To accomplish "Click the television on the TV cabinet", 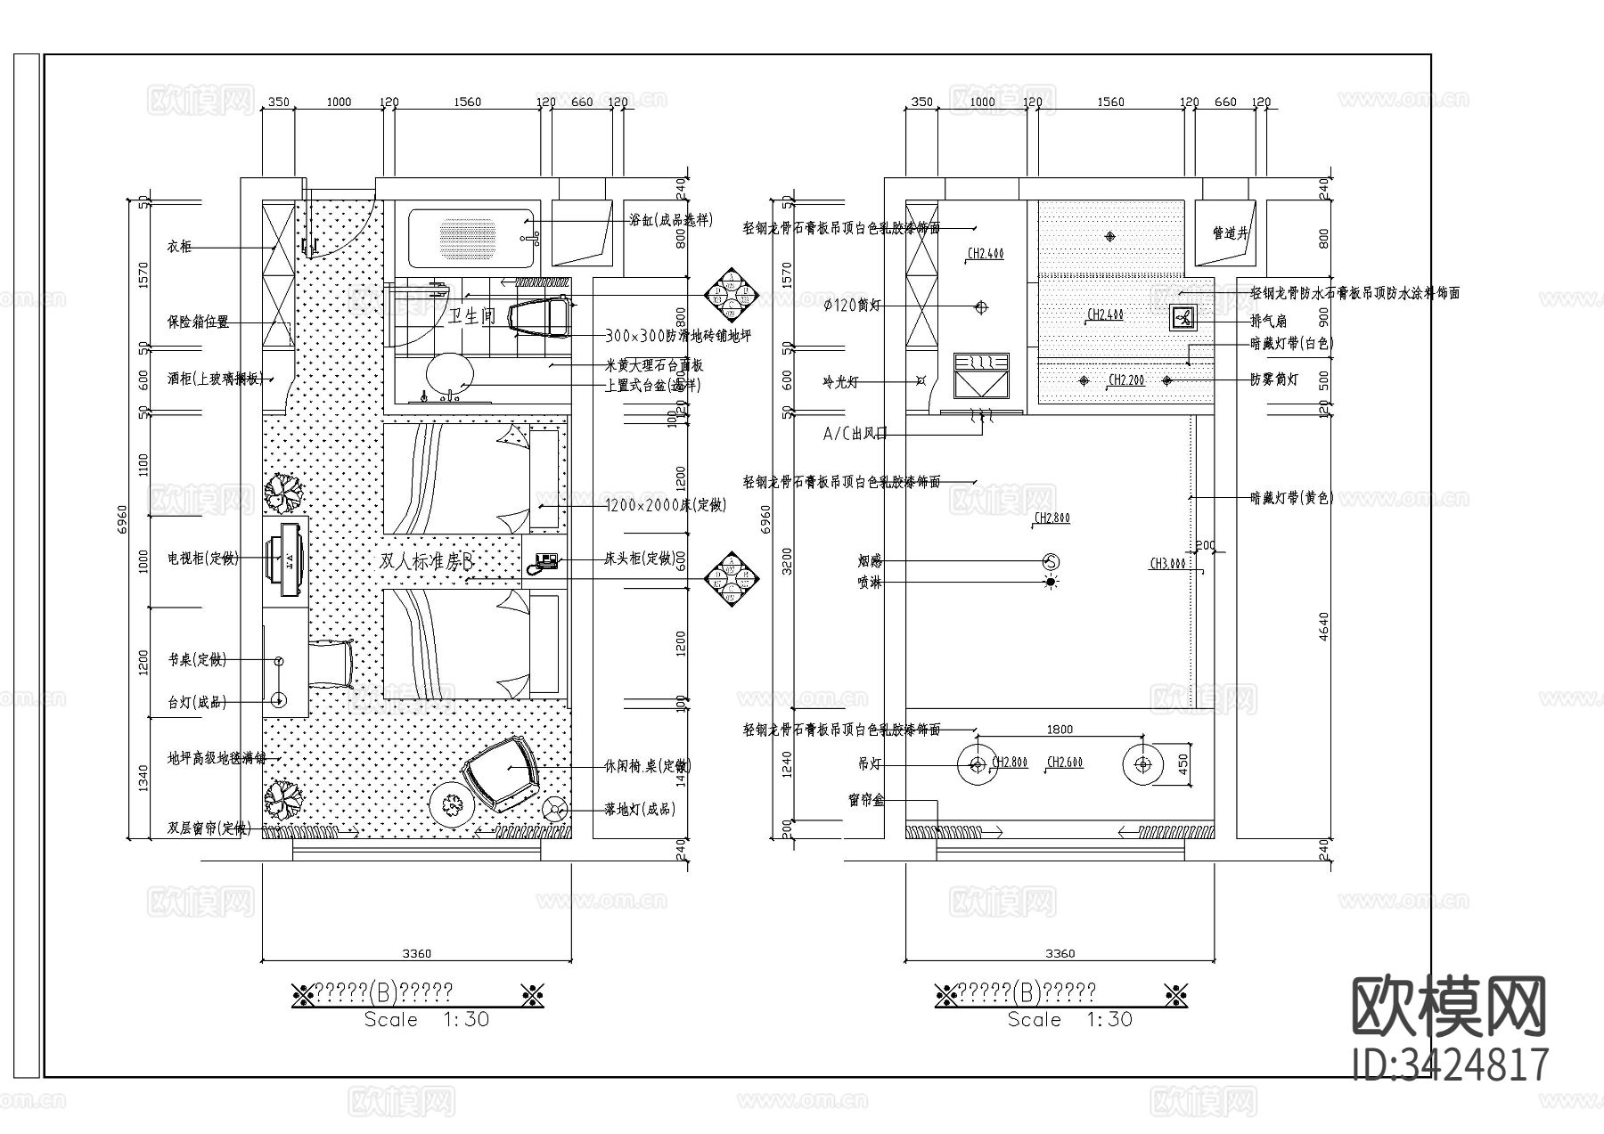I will pyautogui.click(x=289, y=559).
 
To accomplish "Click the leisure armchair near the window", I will pyautogui.click(x=503, y=772).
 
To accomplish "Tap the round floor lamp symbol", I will pyautogui.click(x=556, y=809).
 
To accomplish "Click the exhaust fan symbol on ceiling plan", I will pyautogui.click(x=1183, y=317).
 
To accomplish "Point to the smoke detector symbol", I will pyautogui.click(x=1051, y=561).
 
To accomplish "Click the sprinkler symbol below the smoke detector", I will pyautogui.click(x=1051, y=583).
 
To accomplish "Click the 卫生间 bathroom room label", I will pyautogui.click(x=471, y=315).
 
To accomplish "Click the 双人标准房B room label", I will pyautogui.click(x=425, y=562).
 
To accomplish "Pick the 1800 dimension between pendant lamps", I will pyautogui.click(x=1060, y=730).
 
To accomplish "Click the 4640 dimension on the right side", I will pyautogui.click(x=1324, y=625).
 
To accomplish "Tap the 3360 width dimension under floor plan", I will pyautogui.click(x=416, y=953).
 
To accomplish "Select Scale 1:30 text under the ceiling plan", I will pyautogui.click(x=1069, y=1019).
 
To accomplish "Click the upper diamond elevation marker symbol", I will pyautogui.click(x=731, y=294).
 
